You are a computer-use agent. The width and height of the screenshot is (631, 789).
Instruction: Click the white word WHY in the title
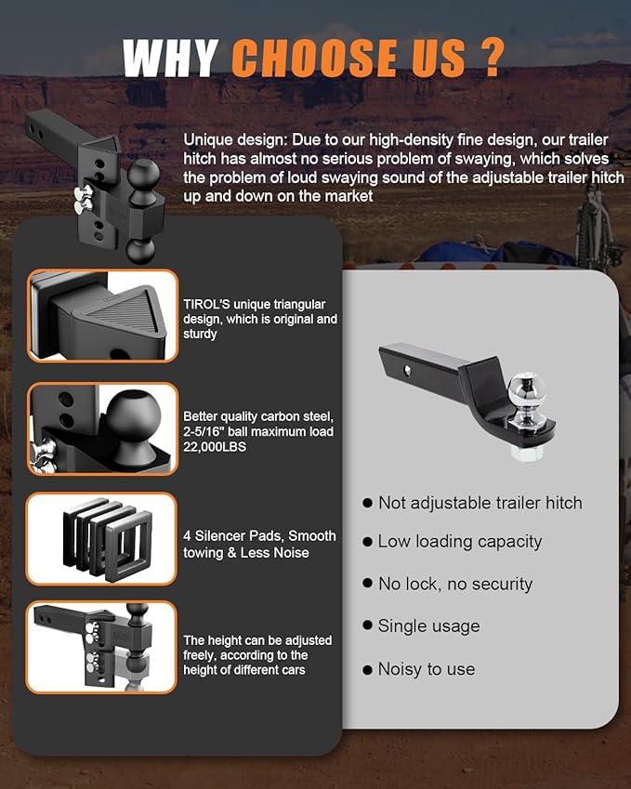coord(171,58)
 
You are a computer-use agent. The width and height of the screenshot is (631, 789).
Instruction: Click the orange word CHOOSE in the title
coord(314,58)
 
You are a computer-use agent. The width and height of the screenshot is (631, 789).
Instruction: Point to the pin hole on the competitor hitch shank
coord(407,371)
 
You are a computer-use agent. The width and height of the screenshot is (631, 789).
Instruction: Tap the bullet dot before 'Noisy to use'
coord(367,670)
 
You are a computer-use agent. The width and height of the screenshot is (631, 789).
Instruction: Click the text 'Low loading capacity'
coord(460,542)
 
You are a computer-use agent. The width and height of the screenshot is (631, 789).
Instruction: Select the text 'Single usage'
coord(428,626)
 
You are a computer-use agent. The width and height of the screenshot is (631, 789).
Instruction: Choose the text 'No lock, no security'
coord(455,584)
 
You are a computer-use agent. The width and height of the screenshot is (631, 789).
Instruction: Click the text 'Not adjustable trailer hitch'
coord(480,503)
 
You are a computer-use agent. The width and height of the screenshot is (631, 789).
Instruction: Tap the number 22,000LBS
coord(215,447)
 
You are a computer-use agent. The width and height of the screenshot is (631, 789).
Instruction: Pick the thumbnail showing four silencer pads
coord(101,538)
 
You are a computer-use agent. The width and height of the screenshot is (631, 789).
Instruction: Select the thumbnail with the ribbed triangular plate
coord(102,315)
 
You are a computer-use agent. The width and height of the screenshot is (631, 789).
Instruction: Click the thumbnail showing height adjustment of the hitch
coord(101,647)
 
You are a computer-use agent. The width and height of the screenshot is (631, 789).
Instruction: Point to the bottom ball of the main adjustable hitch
coord(140,251)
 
